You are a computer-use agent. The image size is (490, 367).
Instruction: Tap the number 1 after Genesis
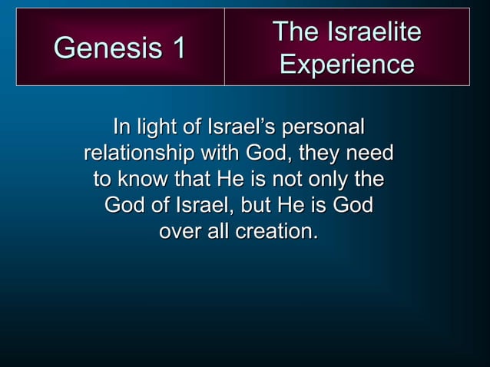[177, 48]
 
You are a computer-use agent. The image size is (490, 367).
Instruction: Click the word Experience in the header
[346, 64]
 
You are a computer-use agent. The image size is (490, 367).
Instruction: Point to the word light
[164, 126]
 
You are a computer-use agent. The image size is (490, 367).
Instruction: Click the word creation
[278, 232]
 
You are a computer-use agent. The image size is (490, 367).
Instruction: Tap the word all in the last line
[220, 232]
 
